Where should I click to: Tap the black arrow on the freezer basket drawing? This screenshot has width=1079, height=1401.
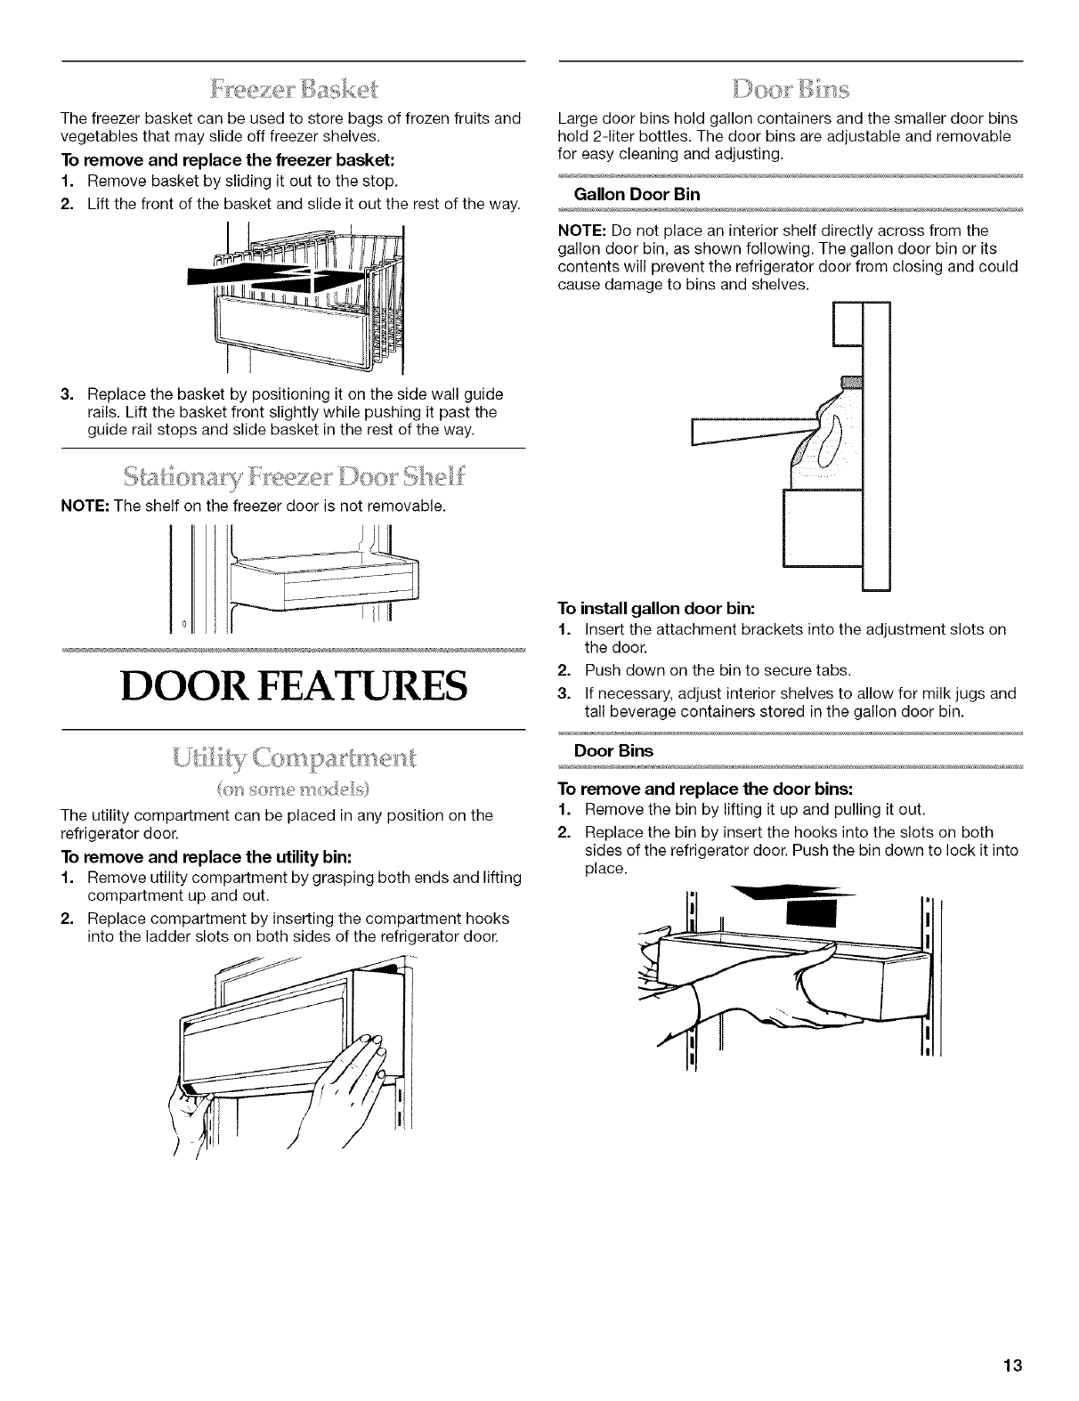coord(267,276)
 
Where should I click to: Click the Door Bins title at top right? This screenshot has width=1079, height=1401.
coord(789,90)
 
